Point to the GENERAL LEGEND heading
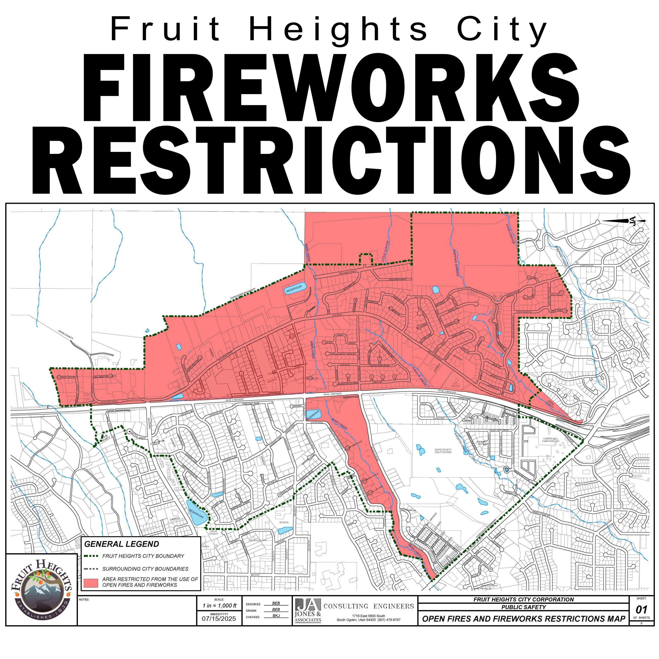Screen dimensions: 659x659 (121, 544)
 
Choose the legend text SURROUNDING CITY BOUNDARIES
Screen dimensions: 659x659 (145, 569)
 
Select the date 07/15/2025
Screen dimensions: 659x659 (219, 618)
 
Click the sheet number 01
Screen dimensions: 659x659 (641, 610)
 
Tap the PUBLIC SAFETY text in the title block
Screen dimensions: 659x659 (523, 607)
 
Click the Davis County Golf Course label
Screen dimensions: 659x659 (443, 451)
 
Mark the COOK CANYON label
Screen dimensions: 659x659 (510, 234)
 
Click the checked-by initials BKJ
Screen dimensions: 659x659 (276, 616)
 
